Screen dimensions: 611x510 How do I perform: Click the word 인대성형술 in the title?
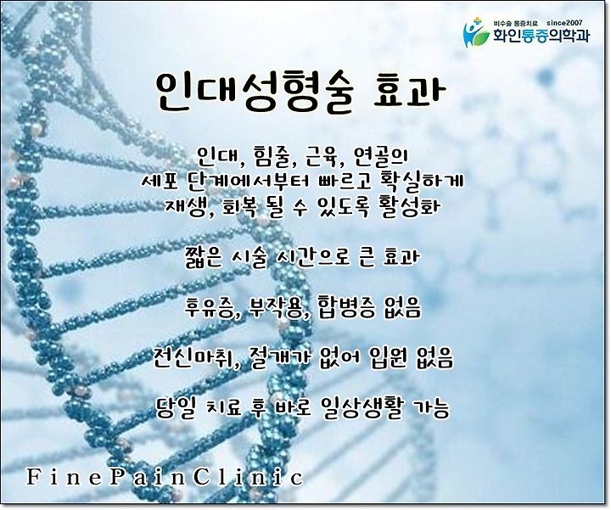point(254,92)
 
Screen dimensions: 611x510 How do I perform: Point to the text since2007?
point(565,23)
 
